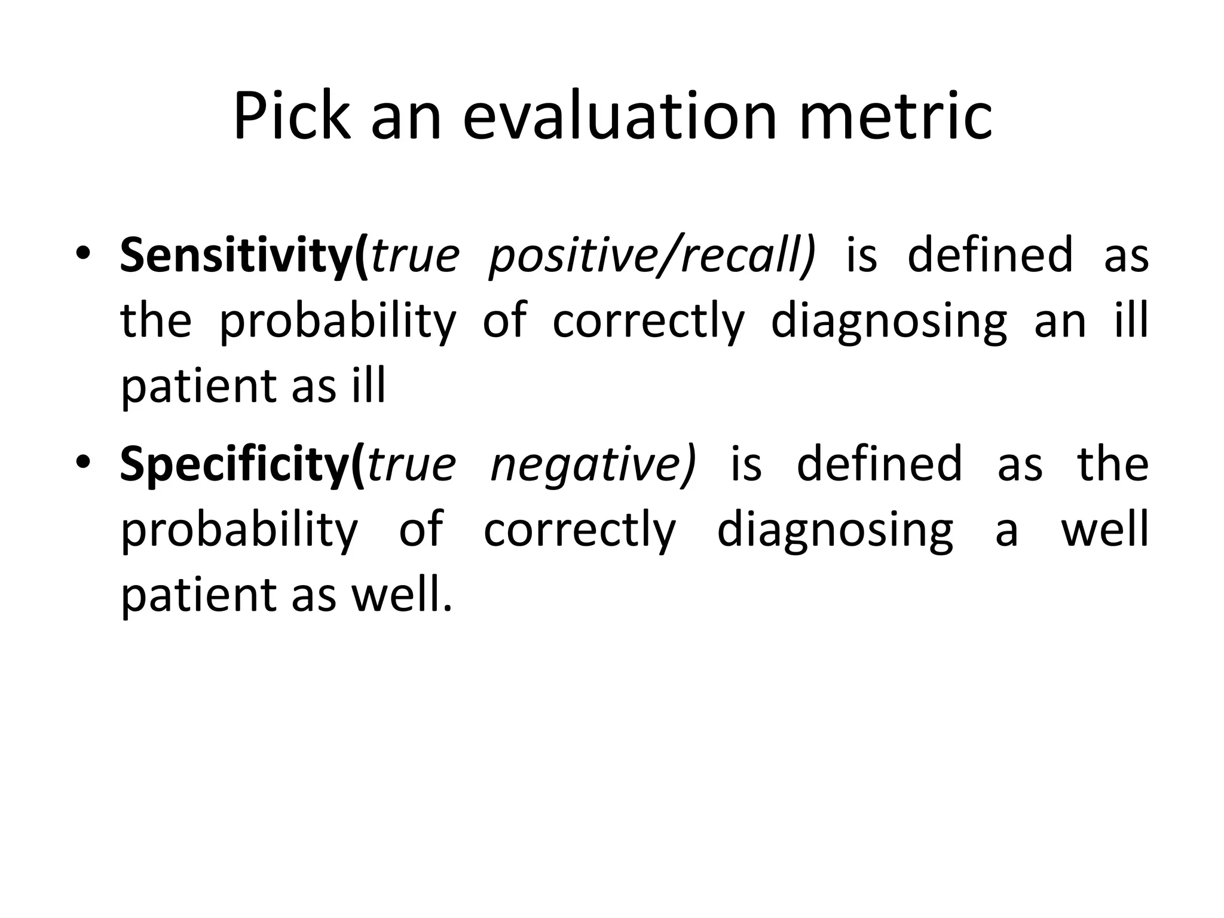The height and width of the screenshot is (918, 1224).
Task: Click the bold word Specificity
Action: coord(236,465)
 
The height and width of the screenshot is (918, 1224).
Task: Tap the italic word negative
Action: coord(593,465)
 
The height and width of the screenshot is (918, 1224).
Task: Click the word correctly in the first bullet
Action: coord(648,322)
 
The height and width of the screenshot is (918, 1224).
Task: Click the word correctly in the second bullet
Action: coord(579,531)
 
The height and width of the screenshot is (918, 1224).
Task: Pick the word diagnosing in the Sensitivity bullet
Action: coord(888,322)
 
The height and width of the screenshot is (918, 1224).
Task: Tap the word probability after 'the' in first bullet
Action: coord(338,322)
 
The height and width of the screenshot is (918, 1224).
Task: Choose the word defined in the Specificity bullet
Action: coord(879,465)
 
